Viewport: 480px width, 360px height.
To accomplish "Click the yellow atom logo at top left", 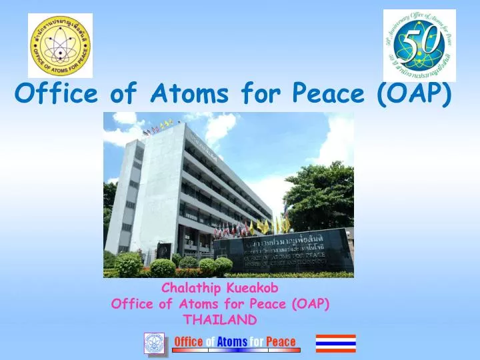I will point(60,45).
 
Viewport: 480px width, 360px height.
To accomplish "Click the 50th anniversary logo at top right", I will point(419,45).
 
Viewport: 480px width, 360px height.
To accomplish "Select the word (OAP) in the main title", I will point(414,95).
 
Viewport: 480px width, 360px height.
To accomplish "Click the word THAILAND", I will point(220,319).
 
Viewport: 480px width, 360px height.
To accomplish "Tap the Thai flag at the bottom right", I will point(335,343).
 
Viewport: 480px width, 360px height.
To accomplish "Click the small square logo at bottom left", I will point(155,343).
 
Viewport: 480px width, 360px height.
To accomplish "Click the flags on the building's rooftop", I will point(157,127).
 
